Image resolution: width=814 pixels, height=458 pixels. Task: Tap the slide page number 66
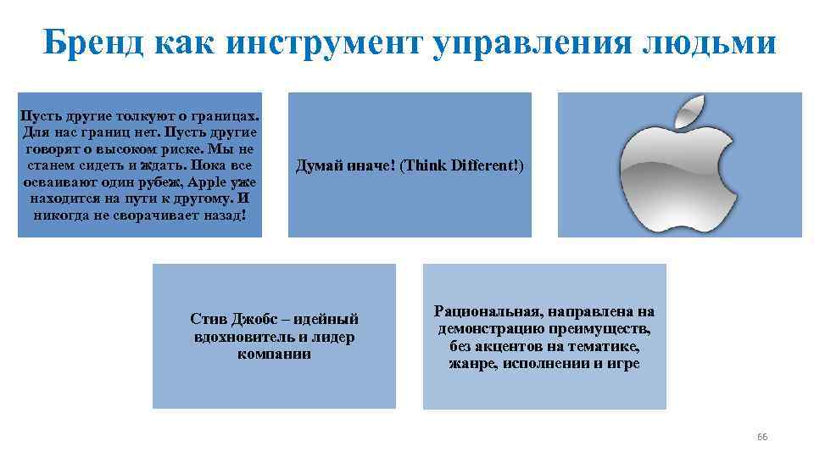coord(761,437)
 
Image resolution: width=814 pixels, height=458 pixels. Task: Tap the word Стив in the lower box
coord(208,319)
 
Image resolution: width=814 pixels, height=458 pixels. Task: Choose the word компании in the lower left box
coord(274,353)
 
